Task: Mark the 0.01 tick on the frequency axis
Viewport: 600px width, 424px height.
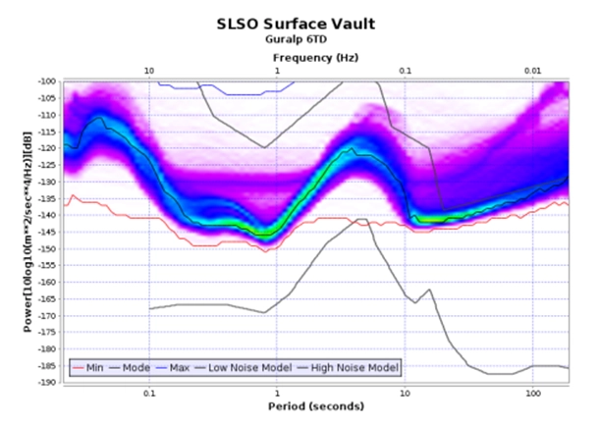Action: tap(532, 71)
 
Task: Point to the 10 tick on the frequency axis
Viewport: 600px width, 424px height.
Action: tap(148, 71)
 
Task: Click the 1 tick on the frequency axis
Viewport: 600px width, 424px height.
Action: tap(277, 71)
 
